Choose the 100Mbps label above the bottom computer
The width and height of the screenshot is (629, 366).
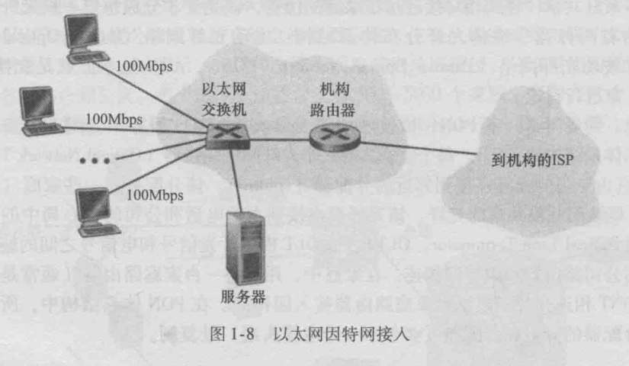click(x=156, y=195)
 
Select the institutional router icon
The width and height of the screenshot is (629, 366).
click(x=329, y=138)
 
